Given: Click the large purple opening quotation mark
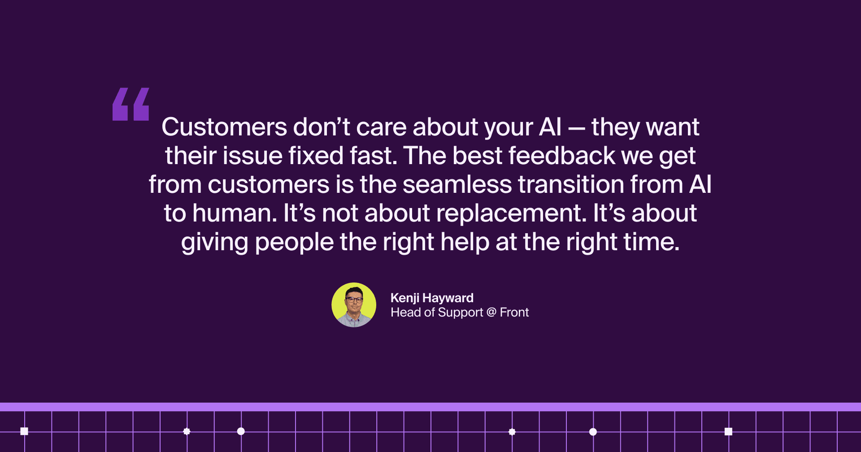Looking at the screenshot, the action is [130, 104].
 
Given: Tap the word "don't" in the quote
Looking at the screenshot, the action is [322, 127].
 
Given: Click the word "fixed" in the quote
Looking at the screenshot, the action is [316, 156].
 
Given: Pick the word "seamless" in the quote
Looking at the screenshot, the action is [457, 184].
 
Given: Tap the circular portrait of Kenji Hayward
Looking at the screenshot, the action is [354, 305].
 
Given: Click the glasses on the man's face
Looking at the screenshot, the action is [354, 300].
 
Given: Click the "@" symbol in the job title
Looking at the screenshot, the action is [491, 312].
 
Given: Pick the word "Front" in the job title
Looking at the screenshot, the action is [514, 312].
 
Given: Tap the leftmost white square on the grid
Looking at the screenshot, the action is [24, 431].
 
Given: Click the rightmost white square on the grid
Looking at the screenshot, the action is [728, 431].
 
